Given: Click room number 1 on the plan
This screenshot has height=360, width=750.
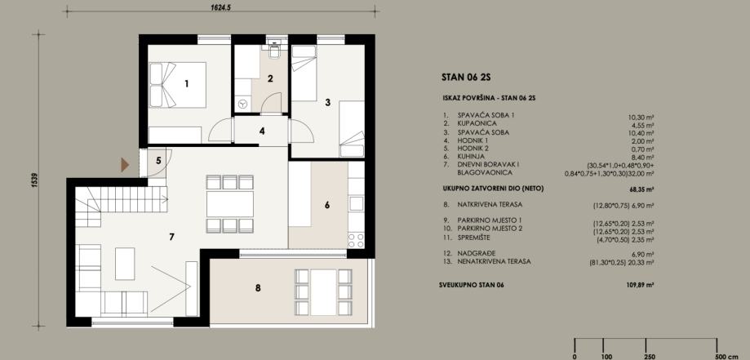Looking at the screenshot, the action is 187,84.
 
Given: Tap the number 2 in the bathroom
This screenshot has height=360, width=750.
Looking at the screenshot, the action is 270,79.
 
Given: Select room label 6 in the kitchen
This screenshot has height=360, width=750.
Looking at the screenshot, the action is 327,205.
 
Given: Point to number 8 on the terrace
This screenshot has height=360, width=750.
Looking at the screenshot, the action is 258,288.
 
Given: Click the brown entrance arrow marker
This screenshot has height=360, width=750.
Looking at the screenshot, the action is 125,165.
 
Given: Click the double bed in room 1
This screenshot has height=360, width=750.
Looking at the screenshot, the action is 177,85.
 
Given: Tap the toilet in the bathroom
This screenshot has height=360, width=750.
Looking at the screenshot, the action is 274,51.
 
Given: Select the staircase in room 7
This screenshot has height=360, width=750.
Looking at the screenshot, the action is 122,207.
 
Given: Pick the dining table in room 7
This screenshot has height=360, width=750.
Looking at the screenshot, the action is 230,204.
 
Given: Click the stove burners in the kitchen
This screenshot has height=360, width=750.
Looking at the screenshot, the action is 356,240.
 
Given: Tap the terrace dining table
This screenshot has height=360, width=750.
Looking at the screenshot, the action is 323,292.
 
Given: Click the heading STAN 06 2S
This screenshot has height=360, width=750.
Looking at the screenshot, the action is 466,78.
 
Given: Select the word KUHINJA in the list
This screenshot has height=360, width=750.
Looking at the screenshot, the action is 471,157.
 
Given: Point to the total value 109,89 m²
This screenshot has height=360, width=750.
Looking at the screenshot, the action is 641,285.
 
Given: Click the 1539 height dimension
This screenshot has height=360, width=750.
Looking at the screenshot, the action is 34,180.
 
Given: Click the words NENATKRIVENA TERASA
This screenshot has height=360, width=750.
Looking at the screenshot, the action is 494,262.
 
